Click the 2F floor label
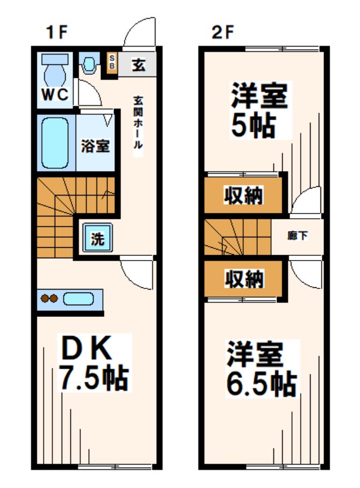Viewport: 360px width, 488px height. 222,32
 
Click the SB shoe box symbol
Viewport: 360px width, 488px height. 111,62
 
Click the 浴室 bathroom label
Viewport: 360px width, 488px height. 95,146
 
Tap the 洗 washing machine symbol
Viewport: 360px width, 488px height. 97,238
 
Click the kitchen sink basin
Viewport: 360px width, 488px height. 78,299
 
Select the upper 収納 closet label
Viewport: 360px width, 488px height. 244,196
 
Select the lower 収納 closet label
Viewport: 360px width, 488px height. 244,280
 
